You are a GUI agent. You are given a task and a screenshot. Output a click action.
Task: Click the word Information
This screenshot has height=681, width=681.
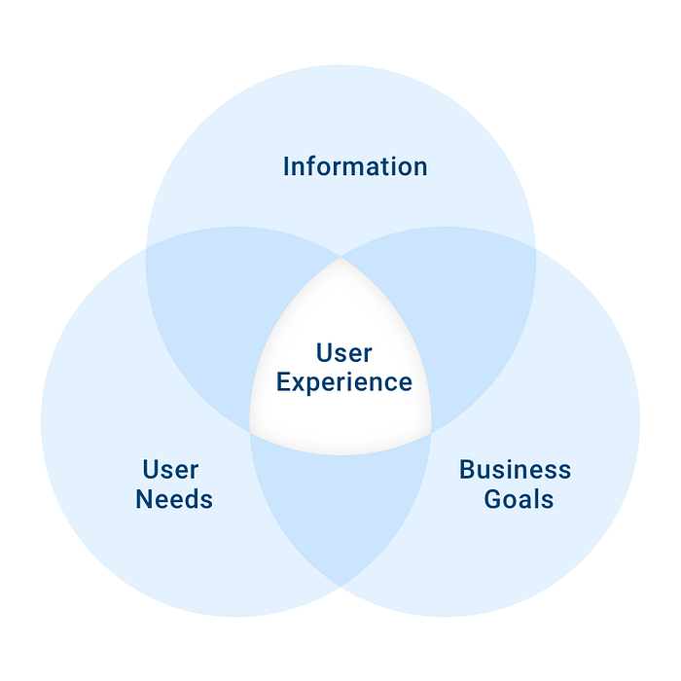[355, 166]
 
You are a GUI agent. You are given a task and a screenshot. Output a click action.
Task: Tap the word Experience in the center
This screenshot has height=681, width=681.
[344, 382]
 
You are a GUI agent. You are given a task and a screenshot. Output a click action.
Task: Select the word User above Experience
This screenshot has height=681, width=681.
[344, 352]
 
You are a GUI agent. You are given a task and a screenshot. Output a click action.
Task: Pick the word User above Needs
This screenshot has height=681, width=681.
[170, 470]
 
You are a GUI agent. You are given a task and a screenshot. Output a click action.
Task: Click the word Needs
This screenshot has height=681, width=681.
[174, 499]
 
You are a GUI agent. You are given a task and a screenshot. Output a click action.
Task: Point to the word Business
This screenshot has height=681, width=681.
[515, 470]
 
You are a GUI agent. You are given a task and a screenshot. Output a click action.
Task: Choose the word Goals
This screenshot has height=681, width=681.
[519, 499]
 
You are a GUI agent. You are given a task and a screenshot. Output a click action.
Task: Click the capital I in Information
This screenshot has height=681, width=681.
[286, 166]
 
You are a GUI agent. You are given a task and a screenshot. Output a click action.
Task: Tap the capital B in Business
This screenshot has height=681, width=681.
[467, 470]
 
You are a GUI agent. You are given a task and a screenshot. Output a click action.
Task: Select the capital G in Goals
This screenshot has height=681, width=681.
[493, 499]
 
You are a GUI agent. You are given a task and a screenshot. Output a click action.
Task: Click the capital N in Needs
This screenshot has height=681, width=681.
[144, 499]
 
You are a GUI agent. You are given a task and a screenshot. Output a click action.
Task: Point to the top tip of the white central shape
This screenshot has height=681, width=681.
[340, 258]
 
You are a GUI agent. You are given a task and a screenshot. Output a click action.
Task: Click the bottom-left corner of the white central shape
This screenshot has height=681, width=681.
[250, 433]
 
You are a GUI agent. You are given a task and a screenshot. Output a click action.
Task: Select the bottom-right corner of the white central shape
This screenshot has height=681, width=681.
[431, 433]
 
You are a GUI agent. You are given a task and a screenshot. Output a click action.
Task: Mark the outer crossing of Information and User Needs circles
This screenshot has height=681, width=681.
[146, 249]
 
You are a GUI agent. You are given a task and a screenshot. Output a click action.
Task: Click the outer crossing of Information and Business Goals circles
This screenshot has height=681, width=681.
[535, 249]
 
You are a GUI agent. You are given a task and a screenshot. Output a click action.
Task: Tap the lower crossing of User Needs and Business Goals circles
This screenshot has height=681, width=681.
[340, 587]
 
